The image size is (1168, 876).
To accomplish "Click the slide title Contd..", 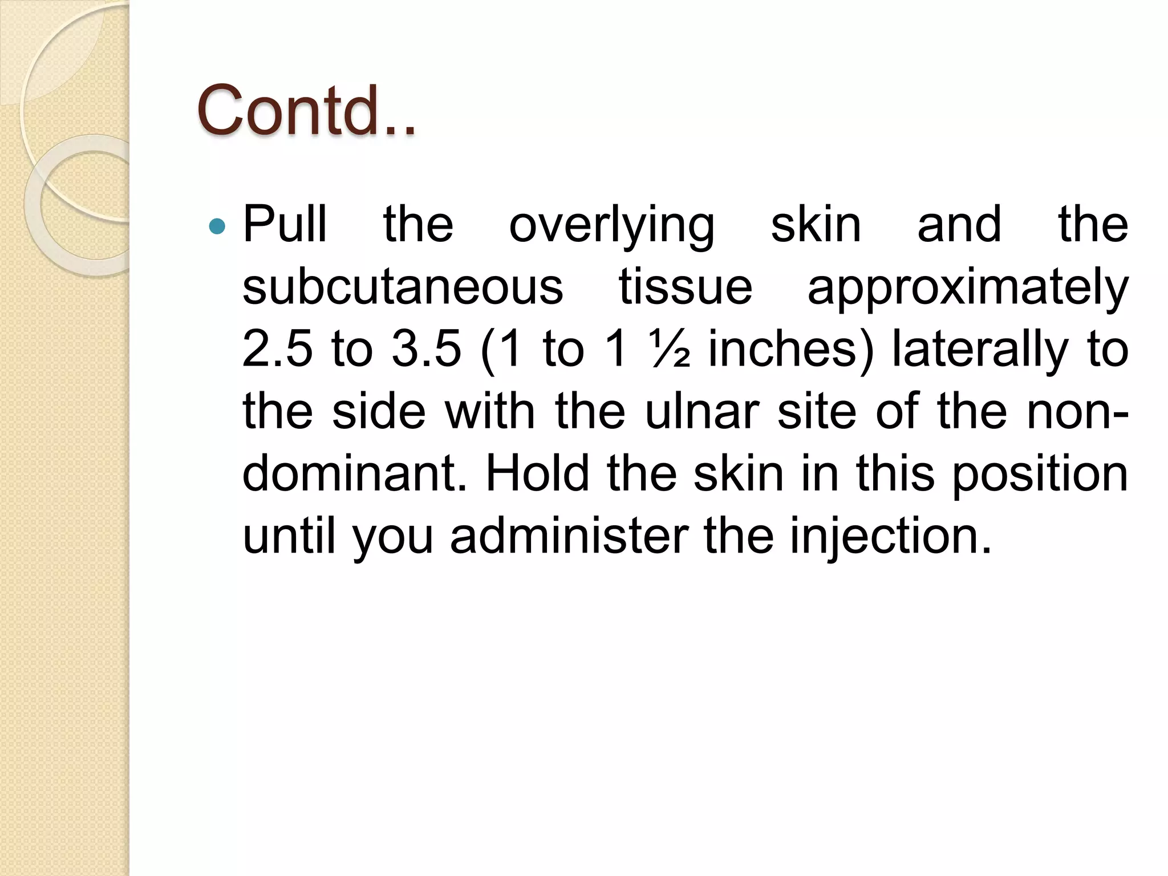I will [306, 111].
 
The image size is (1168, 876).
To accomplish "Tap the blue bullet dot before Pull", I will [217, 227].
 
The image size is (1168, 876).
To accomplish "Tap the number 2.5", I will [277, 349].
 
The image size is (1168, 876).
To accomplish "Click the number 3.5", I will [426, 349].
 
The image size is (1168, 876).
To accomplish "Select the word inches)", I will [791, 349].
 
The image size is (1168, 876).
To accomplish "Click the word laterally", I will [979, 349].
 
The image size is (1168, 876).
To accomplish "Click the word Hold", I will [537, 474].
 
